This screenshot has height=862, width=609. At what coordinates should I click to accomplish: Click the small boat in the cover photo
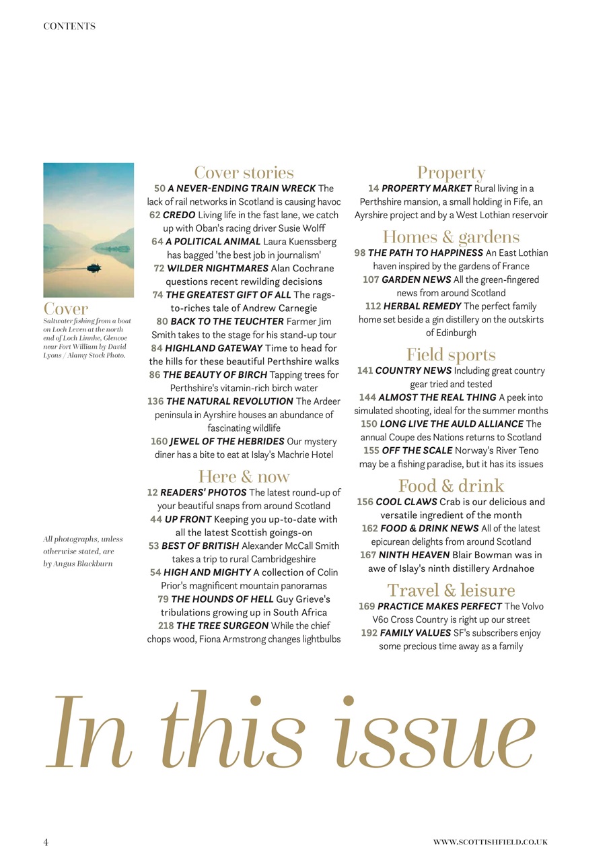[94, 267]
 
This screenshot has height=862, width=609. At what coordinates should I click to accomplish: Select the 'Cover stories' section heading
[244, 173]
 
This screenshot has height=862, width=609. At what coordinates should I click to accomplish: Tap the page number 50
[159, 189]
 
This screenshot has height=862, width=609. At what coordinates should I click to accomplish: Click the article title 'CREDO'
[179, 215]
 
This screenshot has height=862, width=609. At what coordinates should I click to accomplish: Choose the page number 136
[155, 401]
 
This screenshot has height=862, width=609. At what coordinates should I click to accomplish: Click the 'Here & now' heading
[244, 477]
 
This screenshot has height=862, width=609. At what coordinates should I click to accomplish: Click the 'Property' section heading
[451, 173]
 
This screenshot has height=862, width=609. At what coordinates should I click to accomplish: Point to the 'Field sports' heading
[451, 355]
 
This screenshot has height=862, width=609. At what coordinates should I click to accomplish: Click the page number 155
[371, 451]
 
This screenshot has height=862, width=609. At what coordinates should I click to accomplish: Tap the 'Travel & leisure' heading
[451, 591]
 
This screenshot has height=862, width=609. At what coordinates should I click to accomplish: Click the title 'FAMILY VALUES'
[415, 633]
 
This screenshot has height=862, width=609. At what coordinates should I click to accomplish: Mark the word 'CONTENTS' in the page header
[69, 26]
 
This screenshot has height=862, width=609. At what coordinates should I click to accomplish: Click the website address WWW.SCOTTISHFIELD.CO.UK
[491, 842]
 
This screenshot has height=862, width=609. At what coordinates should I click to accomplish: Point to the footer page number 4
[46, 842]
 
